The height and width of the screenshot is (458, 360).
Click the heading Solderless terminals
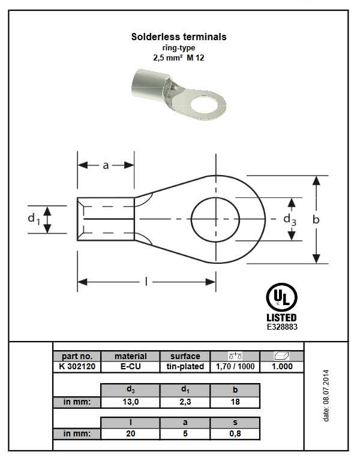[179, 37]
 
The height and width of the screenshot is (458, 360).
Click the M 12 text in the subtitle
[196, 58]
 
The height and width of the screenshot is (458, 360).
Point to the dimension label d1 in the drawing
[34, 219]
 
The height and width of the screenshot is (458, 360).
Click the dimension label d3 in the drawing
[290, 219]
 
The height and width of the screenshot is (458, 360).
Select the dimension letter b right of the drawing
[316, 219]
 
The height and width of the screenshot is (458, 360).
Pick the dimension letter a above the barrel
[106, 165]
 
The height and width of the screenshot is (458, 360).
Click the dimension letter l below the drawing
[146, 282]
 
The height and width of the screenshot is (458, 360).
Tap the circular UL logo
[281, 298]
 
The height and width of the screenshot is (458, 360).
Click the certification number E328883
[282, 327]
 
